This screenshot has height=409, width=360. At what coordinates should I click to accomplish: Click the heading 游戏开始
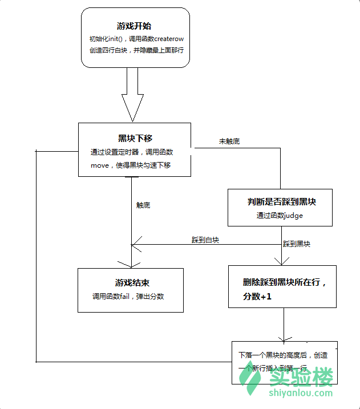(x=134, y=26)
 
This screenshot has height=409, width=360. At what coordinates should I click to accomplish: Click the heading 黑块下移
(x=135, y=138)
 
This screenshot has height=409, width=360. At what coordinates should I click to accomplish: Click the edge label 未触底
(x=229, y=141)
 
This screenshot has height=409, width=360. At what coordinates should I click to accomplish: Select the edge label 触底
(x=143, y=205)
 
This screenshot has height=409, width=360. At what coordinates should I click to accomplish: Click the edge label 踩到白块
(x=205, y=241)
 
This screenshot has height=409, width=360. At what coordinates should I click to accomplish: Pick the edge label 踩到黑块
(x=297, y=244)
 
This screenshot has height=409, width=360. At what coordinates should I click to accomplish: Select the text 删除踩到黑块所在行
(x=284, y=282)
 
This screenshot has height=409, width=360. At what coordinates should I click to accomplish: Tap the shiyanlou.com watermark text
(x=300, y=393)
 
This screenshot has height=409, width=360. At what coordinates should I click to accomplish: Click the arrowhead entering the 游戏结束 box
(x=131, y=264)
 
